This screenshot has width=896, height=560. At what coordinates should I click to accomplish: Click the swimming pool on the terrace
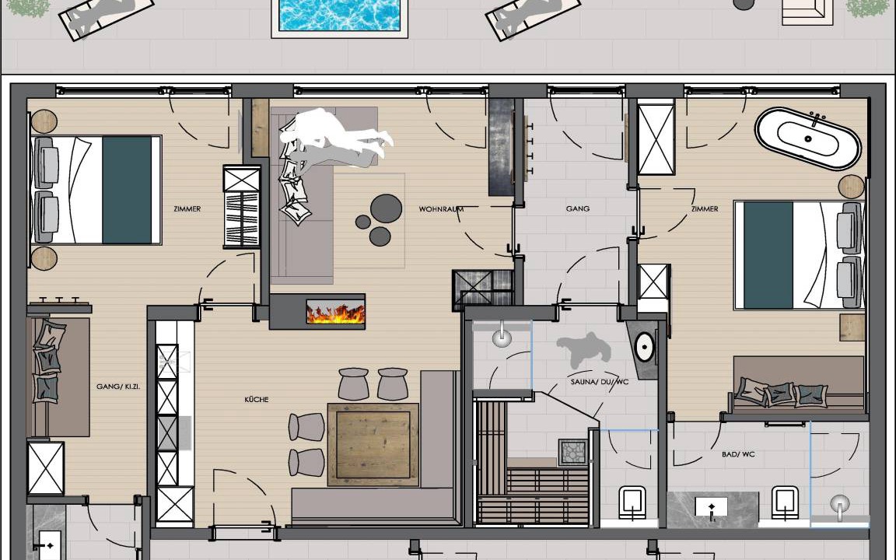tap(339, 17)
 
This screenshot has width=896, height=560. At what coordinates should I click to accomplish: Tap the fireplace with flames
tap(335, 313)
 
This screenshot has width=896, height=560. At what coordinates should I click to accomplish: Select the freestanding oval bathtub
tap(807, 139)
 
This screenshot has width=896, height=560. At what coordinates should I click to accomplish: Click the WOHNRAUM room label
tap(441, 209)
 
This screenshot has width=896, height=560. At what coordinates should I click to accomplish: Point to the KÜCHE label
tap(257, 400)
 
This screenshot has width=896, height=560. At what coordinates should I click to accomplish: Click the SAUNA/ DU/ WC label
tap(600, 381)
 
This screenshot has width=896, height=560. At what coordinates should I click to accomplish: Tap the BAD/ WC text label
tap(738, 454)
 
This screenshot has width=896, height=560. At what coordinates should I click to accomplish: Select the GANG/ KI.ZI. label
tap(118, 387)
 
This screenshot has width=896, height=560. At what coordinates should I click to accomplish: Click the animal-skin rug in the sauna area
tap(583, 349)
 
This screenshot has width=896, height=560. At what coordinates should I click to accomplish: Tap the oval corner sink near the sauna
tap(645, 346)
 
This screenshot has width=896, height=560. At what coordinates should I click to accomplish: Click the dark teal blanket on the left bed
tap(128, 190)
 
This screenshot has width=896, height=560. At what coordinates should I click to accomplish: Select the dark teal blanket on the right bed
tap(768, 255)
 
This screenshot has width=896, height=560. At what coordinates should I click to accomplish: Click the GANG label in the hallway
tap(578, 208)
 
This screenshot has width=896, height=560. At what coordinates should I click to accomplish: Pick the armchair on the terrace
tap(807, 12)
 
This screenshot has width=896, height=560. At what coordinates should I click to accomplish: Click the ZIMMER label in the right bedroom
tap(705, 209)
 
